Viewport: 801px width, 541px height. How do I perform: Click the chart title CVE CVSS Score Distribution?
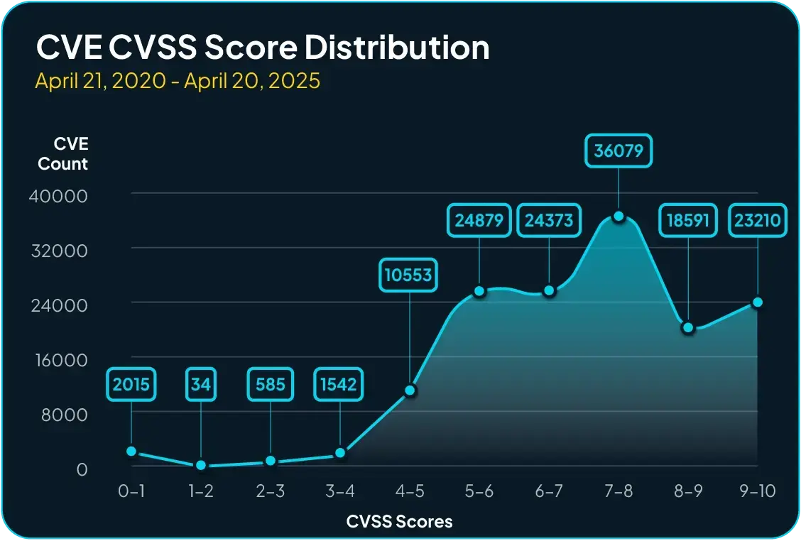[x=263, y=48]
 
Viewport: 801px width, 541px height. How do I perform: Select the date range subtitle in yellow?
[x=178, y=81]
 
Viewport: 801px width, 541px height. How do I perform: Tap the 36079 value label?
[x=619, y=151]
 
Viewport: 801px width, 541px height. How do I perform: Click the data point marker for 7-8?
[x=619, y=216]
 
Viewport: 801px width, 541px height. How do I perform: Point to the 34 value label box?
[x=201, y=385]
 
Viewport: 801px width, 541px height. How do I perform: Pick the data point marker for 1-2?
[x=201, y=465]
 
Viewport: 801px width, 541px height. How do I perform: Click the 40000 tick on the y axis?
[x=58, y=195]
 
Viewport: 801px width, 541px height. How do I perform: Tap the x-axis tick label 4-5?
[x=410, y=491]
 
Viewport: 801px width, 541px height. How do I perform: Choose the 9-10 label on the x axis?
[x=758, y=491]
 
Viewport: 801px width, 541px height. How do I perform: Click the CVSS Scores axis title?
[x=399, y=522]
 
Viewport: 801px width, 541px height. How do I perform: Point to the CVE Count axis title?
[x=64, y=154]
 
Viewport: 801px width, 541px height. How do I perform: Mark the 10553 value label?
[x=408, y=275]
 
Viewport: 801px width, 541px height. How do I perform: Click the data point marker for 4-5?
[x=410, y=390]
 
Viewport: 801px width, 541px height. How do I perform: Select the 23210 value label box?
[x=758, y=220]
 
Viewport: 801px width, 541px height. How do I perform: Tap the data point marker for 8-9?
[x=688, y=327]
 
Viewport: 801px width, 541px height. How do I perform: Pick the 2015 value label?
[x=131, y=385]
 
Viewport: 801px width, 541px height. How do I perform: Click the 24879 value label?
[x=479, y=220]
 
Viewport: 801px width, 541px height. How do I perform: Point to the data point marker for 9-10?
[x=758, y=302]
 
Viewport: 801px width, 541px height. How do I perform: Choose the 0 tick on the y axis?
[x=82, y=469]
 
